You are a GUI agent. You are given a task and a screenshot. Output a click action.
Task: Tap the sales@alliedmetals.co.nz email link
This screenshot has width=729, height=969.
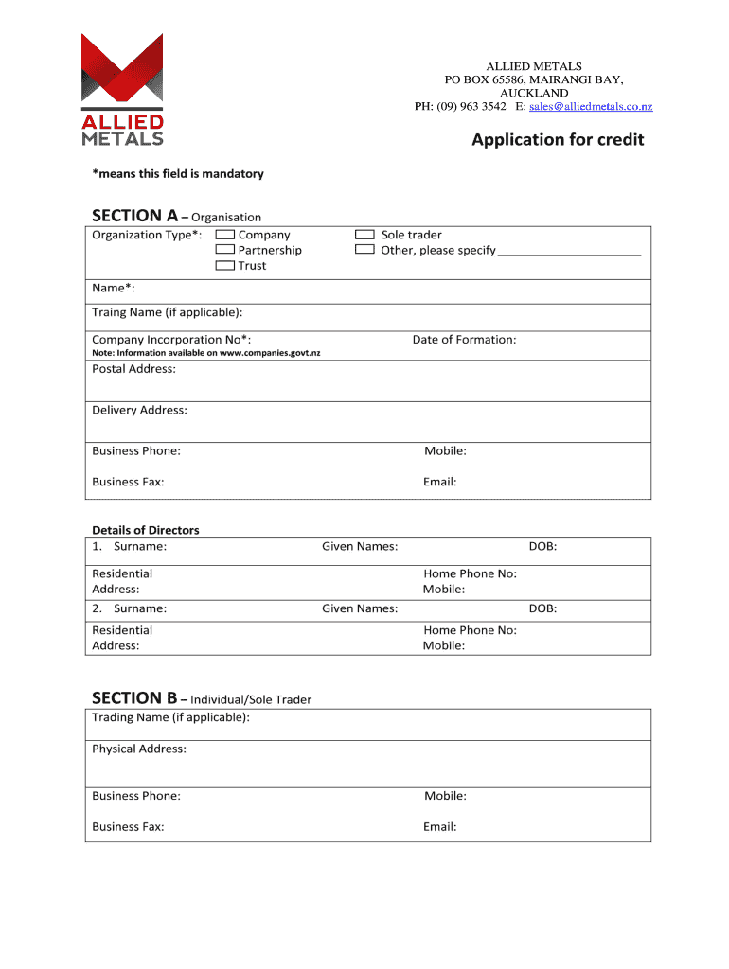click(591, 107)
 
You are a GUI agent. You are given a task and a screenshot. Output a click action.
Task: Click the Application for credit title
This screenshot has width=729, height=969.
click(558, 140)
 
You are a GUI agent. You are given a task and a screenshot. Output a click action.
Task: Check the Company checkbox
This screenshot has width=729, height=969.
click(225, 235)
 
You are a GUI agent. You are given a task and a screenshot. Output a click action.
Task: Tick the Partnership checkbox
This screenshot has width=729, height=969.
click(225, 250)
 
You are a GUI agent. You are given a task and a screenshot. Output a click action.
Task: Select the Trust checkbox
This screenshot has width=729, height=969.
click(225, 266)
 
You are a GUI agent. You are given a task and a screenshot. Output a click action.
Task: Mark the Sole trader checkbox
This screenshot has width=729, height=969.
click(364, 235)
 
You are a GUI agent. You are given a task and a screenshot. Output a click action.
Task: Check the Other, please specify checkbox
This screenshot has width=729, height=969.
click(364, 250)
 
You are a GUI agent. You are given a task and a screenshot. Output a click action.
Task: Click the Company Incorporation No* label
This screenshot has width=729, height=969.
click(171, 340)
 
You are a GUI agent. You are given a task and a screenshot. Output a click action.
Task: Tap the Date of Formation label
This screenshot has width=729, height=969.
click(464, 340)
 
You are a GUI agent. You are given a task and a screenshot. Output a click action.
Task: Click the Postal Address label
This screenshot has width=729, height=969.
click(133, 368)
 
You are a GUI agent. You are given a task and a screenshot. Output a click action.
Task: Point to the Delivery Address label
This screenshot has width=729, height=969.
click(139, 410)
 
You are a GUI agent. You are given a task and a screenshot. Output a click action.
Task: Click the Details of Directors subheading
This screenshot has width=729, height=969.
click(146, 530)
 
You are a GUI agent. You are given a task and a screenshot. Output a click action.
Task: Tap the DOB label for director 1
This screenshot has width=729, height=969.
click(542, 546)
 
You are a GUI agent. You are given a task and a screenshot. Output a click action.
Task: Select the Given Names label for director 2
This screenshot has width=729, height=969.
click(360, 608)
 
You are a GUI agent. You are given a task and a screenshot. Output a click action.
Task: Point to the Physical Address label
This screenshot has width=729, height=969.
click(139, 749)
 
